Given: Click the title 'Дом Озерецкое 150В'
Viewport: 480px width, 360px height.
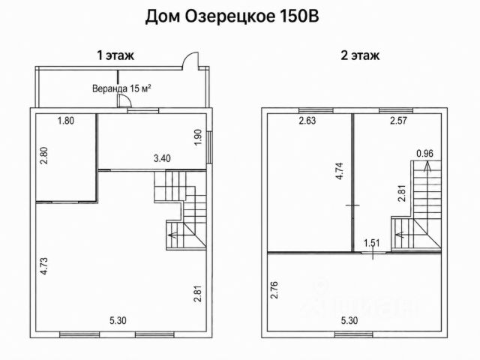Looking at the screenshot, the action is point(232,16).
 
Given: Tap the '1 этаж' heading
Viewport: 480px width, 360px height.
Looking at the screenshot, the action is point(115,55).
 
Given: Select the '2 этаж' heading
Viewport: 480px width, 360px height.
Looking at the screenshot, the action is point(360,55).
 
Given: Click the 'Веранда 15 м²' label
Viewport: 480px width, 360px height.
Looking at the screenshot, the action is point(121,88).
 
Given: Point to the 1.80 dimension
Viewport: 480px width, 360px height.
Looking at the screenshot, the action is point(66,121).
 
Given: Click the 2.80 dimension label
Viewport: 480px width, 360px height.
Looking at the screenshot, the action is point(45,156).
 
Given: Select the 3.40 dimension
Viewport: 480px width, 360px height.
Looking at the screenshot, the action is point(162,158).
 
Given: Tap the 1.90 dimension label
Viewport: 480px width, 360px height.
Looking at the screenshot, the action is point(198,137).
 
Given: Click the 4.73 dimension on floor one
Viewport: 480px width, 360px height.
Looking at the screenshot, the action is point(45,266).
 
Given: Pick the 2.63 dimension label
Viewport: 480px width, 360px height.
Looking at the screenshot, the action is point(307,121).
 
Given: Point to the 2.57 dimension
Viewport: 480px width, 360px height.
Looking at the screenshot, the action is point(398,121).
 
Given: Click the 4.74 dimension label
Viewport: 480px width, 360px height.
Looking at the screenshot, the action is point(339,171).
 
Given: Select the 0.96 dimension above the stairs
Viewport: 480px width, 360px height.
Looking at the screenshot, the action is point(425,153).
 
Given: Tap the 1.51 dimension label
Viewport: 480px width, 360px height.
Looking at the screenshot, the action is point(372,243).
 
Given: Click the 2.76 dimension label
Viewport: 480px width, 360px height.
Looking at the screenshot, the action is point(274,290).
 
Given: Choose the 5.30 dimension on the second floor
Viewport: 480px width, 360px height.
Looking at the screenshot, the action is point(349,321).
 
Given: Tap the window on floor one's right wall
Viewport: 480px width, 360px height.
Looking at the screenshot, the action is point(209,147).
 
